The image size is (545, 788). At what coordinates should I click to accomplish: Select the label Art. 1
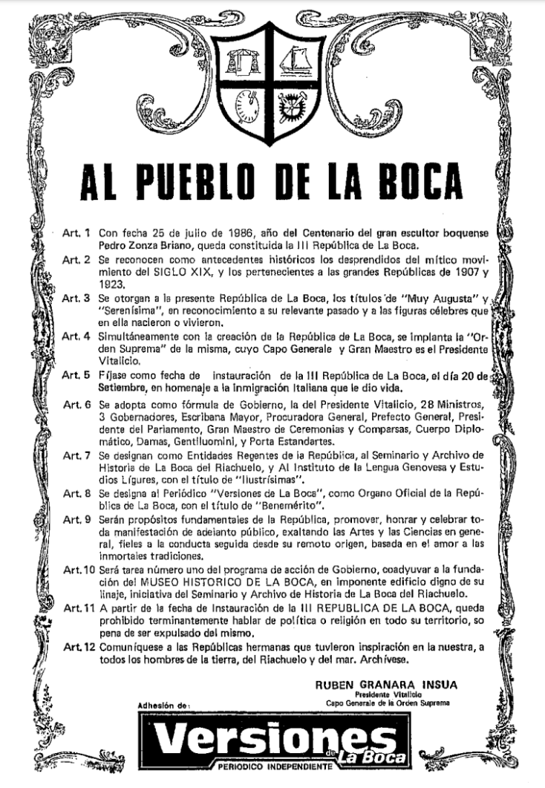[76, 232]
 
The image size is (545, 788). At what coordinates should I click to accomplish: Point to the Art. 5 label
[76, 377]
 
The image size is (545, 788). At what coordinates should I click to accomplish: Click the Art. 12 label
[78, 647]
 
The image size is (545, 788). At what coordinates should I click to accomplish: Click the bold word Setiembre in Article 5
[125, 388]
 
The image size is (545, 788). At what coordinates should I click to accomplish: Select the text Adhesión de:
[164, 703]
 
